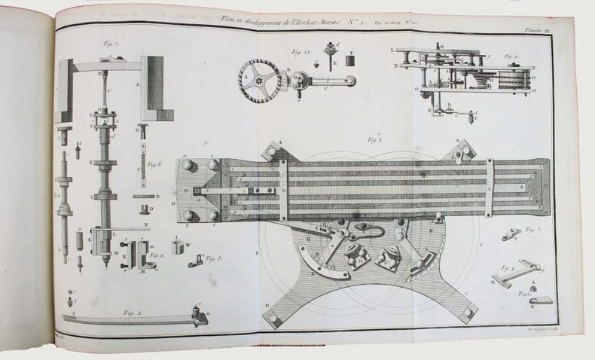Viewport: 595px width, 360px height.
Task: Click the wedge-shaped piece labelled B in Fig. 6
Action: click(x=542, y=300)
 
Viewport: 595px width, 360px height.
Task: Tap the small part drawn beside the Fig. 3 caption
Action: click(x=513, y=236)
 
